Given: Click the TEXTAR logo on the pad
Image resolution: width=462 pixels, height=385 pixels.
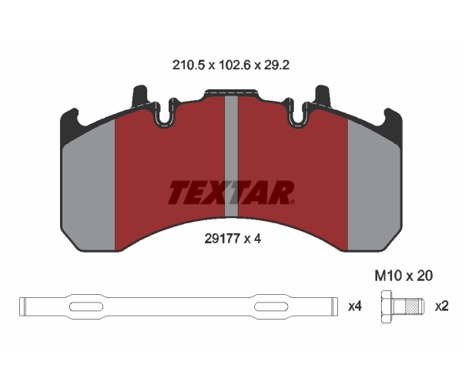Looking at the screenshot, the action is (231, 192).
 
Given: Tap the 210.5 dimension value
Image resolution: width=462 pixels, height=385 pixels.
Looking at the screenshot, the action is (189, 65).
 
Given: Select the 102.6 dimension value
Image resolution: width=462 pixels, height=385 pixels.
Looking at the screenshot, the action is (234, 65).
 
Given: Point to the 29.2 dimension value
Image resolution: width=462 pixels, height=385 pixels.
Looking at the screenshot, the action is (276, 65).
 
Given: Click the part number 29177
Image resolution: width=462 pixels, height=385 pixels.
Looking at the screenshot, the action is (223, 239).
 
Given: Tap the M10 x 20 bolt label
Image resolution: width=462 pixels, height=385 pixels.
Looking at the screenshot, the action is (403, 276).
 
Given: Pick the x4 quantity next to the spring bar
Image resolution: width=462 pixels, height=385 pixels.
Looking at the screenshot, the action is (355, 306).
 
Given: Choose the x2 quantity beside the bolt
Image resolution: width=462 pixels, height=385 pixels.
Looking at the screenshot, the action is (442, 306).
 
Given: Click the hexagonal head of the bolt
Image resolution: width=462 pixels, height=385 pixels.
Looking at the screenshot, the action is (387, 306).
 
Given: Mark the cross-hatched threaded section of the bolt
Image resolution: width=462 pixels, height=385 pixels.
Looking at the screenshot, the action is (412, 306).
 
